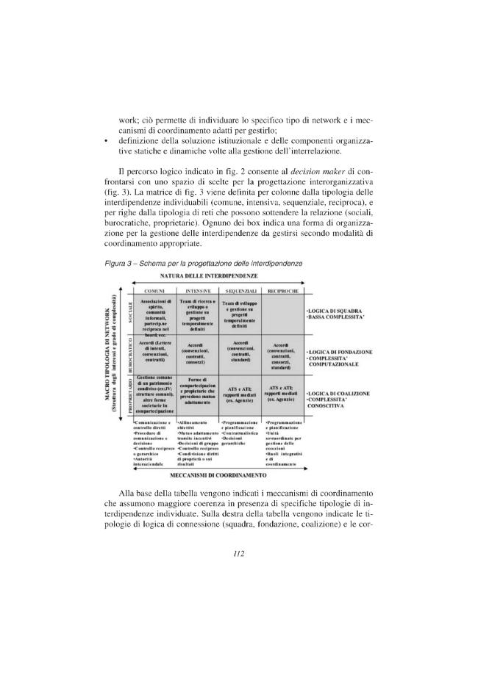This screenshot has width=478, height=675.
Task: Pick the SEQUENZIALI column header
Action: (239, 292)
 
